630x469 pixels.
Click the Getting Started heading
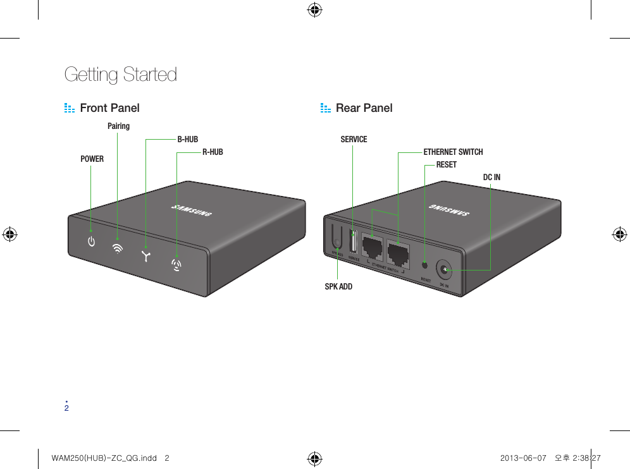(121, 75)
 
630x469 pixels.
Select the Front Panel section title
(109, 108)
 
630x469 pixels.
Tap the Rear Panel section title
(364, 108)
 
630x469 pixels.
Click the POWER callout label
(92, 159)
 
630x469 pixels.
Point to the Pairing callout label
(118, 126)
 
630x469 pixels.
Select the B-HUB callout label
(187, 139)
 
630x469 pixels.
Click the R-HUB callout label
(213, 152)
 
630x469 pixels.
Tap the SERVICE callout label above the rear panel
(354, 139)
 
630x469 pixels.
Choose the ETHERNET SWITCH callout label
(453, 152)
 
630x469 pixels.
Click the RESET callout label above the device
(446, 164)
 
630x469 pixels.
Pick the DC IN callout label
(491, 177)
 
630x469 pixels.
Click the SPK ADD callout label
(338, 286)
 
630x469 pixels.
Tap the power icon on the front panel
(92, 241)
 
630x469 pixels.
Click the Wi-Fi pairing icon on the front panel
(118, 248)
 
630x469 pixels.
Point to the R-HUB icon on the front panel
(177, 263)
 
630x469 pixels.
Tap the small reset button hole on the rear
(424, 264)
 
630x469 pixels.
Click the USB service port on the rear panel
(353, 243)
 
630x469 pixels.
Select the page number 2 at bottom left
(66, 408)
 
